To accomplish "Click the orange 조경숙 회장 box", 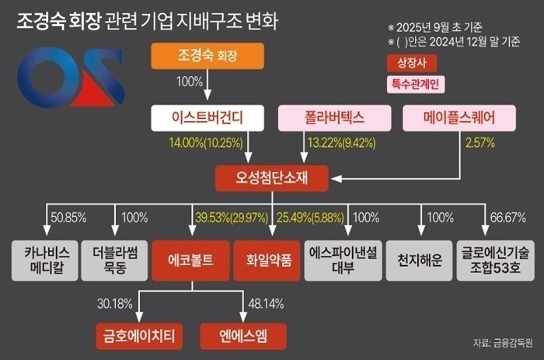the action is (x=207, y=57).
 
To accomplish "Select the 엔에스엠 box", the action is (x=243, y=336).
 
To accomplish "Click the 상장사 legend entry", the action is (x=405, y=61).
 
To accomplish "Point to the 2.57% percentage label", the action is (x=479, y=143).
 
